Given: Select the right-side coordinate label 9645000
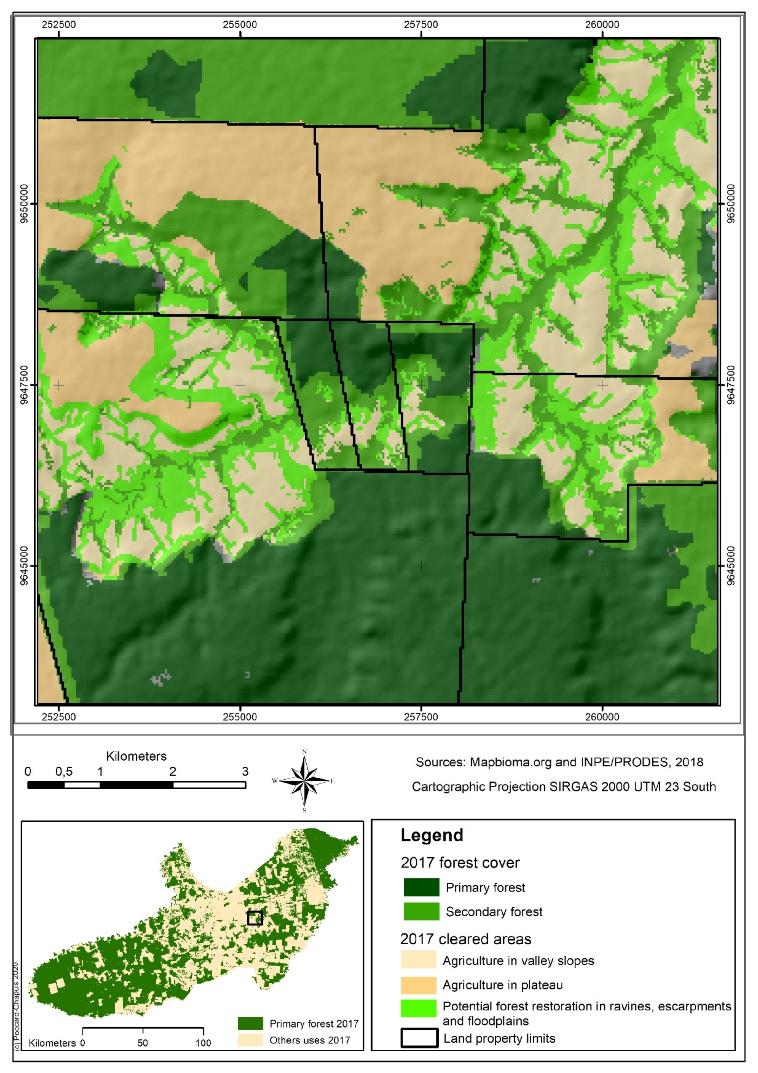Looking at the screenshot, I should click(731, 566).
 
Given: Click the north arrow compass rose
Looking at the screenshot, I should click(304, 781).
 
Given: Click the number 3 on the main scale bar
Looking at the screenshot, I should click(244, 772).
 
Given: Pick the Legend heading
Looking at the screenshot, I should click(432, 835).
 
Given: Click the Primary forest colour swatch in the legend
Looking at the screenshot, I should click(421, 887).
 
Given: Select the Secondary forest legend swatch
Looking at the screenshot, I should click(421, 911).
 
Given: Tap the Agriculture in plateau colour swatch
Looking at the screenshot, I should click(418, 985).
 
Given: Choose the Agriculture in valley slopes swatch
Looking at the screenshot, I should click(418, 960).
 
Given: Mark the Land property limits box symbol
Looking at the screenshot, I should click(419, 1038).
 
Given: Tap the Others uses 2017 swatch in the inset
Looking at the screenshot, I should click(250, 1040).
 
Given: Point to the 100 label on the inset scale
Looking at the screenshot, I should click(203, 1043).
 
